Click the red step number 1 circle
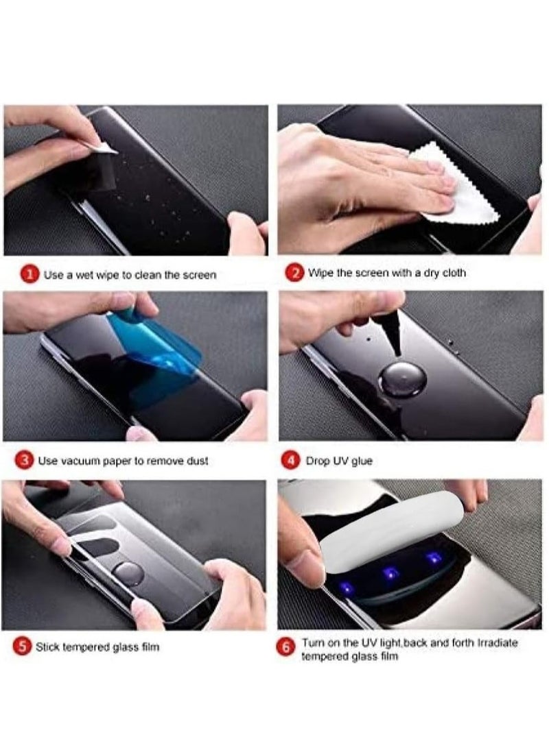click(29, 275)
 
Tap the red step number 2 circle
click(294, 273)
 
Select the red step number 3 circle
click(25, 461)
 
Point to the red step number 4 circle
click(292, 461)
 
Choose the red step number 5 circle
click(21, 647)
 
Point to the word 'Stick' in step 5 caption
click(47, 647)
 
